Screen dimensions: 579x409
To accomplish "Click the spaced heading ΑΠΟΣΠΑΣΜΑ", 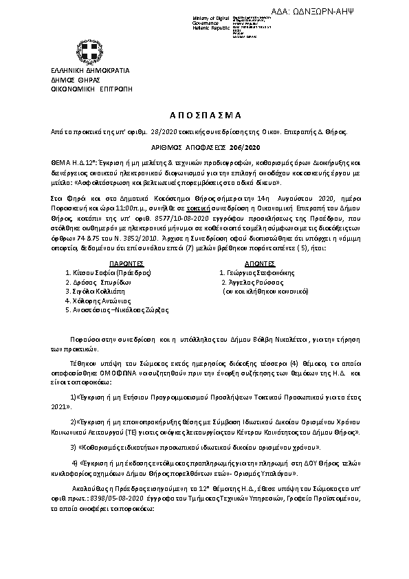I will pyautogui.click(x=204, y=116).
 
